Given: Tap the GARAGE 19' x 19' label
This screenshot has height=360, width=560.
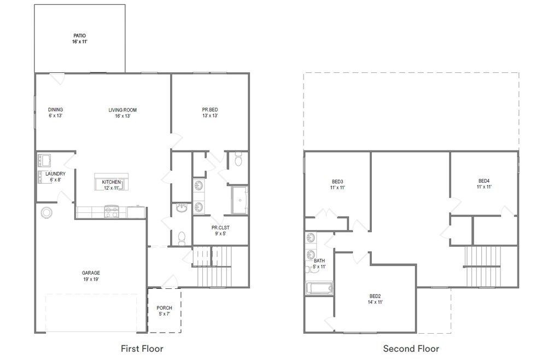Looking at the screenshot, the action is click(x=91, y=276).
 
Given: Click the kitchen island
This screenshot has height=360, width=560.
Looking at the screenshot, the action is click(x=112, y=182).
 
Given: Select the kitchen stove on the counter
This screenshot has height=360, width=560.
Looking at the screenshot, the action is click(x=111, y=212).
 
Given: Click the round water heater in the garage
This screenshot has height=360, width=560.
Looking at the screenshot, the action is click(x=46, y=213).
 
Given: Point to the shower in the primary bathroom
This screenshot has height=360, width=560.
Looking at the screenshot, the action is click(x=240, y=200).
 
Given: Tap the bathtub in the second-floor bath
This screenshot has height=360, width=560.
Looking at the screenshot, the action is click(x=319, y=288).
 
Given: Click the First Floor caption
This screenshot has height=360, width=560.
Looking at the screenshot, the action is click(x=142, y=349).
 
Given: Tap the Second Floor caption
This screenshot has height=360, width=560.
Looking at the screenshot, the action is click(x=411, y=349).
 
